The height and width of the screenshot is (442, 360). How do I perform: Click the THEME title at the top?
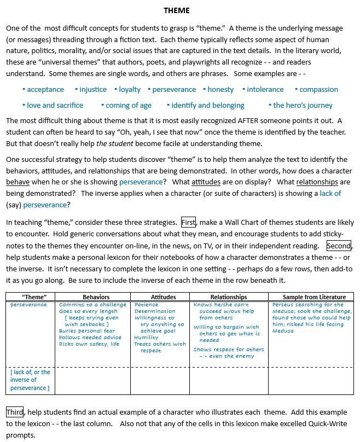tap(177, 10)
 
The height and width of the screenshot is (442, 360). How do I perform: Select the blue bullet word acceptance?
tap(45, 89)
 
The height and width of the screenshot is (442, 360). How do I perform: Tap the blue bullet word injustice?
tap(93, 89)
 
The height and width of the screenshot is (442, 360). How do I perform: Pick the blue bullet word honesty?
tap(220, 89)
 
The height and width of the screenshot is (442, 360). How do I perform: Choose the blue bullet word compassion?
tap(318, 89)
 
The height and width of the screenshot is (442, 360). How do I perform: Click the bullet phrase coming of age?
tap(129, 105)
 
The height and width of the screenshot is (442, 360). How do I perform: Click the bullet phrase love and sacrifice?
tap(55, 105)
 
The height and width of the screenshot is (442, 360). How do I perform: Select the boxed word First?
tap(188, 222)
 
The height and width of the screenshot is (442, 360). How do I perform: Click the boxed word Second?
tap(339, 246)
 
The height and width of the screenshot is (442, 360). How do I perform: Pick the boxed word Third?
tap(15, 411)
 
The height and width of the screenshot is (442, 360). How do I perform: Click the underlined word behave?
tap(18, 182)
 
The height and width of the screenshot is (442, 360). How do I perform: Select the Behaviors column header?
tap(96, 297)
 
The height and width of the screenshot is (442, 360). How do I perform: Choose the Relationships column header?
tap(228, 297)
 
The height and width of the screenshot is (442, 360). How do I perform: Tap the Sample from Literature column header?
tap(310, 297)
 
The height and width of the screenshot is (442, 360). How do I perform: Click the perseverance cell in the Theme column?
tap(28, 305)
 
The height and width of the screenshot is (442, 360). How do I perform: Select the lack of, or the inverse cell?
tap(30, 380)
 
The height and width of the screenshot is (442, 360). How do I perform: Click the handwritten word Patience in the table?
tap(146, 305)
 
